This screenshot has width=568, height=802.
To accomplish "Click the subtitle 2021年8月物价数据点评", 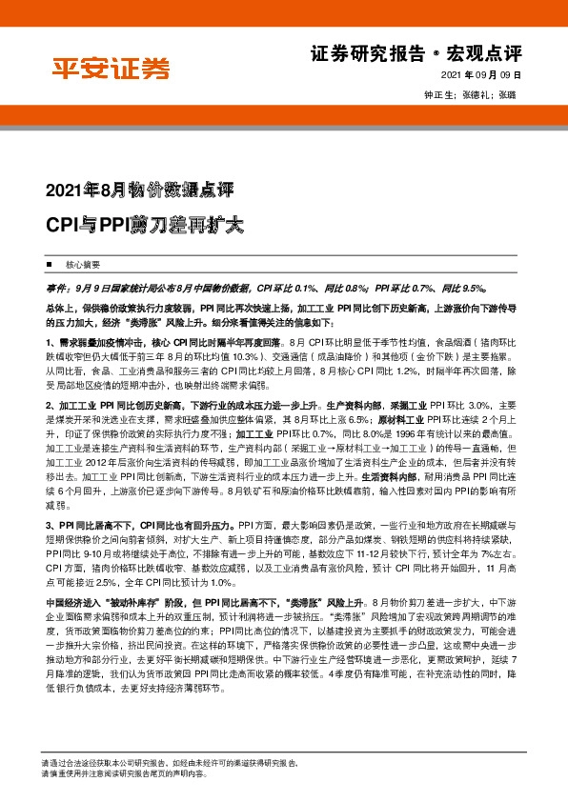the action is (132, 187).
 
